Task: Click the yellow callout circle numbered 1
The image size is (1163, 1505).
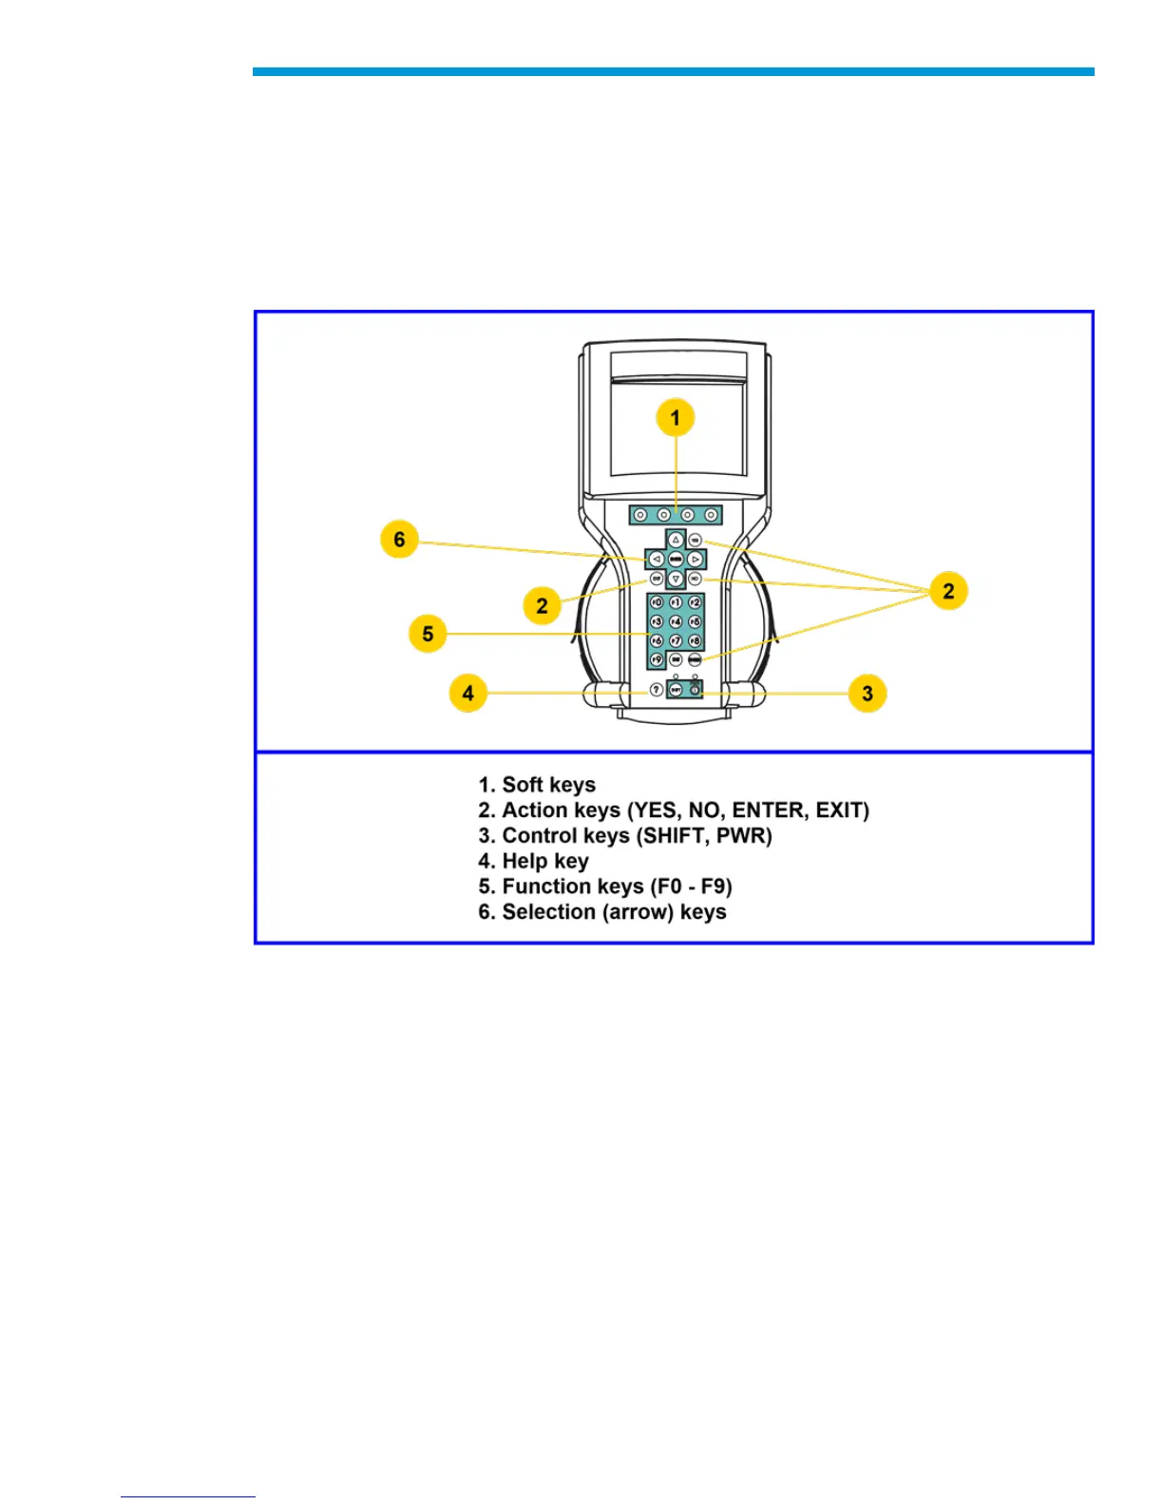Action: coord(676,418)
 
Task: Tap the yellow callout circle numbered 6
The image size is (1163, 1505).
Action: coord(399,540)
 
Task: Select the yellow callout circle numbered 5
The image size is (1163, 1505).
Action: coord(428,634)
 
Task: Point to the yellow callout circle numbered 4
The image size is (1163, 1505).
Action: coord(467,693)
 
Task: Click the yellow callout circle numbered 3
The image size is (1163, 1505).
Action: coord(867,693)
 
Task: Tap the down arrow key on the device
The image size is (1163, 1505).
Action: coord(676,579)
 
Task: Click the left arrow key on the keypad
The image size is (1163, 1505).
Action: coord(656,560)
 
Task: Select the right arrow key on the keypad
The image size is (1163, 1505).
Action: coord(696,560)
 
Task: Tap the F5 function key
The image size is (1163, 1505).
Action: coord(695,622)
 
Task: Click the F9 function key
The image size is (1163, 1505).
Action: coord(656,659)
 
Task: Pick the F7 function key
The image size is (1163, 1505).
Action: coord(676,641)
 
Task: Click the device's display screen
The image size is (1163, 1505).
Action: coord(677,428)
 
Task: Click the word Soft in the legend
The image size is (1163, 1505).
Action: coord(523,785)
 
